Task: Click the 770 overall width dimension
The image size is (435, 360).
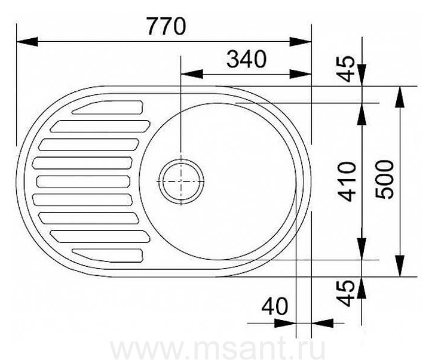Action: [x=166, y=26]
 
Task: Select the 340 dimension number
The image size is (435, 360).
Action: [x=246, y=59]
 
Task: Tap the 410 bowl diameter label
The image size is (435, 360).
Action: [x=347, y=182]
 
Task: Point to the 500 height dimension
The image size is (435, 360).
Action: [x=384, y=180]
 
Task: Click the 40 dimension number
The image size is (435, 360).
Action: [x=275, y=306]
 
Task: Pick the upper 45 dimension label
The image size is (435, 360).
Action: [x=346, y=69]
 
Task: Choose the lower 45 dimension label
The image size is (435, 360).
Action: [x=346, y=293]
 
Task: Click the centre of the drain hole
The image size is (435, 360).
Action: [x=181, y=181]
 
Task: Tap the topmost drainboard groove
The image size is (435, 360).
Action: [x=108, y=107]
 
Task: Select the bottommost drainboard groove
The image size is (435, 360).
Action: [x=108, y=256]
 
